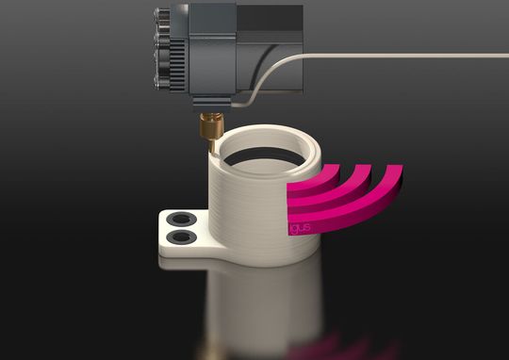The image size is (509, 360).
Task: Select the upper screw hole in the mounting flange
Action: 179,219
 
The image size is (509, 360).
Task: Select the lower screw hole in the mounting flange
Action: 179,236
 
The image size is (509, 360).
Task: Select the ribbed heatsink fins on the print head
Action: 173,47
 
